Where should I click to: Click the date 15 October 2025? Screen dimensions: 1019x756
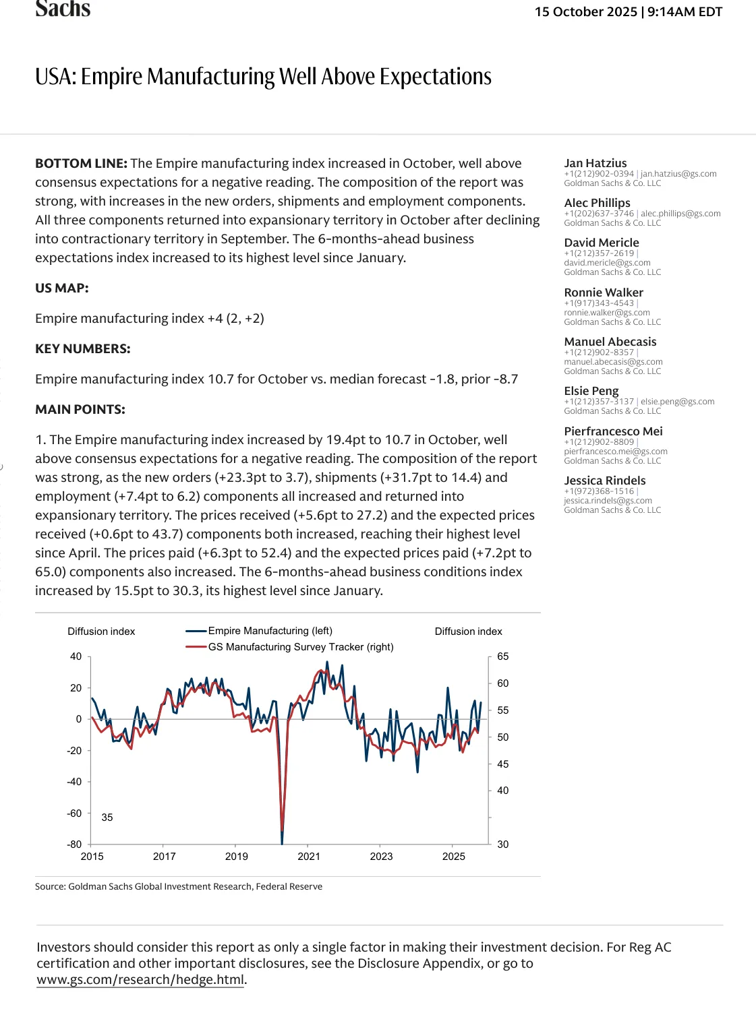pos(585,12)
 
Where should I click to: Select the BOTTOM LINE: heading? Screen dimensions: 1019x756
pos(81,164)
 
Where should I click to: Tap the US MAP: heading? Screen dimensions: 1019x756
pos(62,288)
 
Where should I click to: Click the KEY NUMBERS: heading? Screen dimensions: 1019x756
pos(83,349)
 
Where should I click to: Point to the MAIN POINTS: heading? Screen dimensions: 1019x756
pos(80,410)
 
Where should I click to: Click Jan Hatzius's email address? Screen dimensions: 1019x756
pos(678,174)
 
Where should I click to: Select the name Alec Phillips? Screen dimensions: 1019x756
pos(597,203)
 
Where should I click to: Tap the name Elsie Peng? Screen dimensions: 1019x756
pos(591,391)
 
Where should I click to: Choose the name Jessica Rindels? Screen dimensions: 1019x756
pos(605,481)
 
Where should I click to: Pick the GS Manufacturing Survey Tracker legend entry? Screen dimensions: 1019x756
pos(300,647)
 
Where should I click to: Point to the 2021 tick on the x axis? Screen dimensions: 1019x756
pos(309,857)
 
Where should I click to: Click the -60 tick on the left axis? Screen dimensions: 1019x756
pos(74,813)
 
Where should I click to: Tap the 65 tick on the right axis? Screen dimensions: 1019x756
pos(503,656)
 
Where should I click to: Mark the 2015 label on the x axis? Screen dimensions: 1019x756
pos(92,857)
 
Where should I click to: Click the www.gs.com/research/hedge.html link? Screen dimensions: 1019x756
pos(140,980)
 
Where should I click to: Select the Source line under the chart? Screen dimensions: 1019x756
pos(179,887)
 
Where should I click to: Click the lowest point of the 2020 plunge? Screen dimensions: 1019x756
pos(282,842)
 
